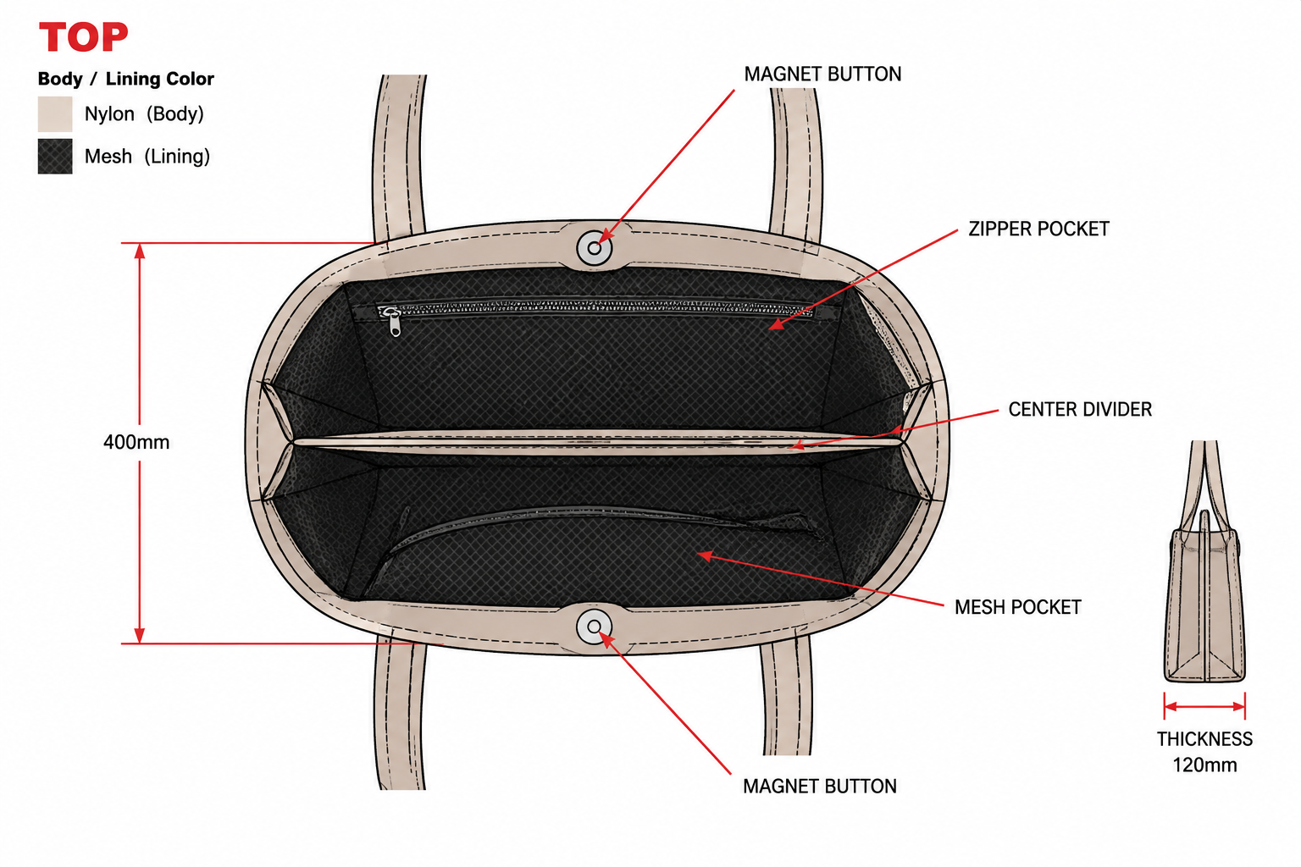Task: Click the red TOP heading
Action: [83, 36]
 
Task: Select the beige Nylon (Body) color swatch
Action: [55, 113]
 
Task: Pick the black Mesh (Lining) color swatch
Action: [55, 156]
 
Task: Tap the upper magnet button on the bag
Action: [594, 248]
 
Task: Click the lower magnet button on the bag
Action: [594, 627]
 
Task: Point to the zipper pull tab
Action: [395, 323]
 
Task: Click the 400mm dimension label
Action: [136, 443]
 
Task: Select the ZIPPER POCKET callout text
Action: [1038, 229]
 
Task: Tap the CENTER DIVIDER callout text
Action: [1080, 410]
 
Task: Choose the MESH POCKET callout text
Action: [1017, 607]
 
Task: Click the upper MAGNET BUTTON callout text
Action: [822, 75]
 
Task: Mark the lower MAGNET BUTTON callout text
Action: [820, 787]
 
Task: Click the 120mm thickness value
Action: [1204, 765]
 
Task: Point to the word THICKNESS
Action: [1204, 739]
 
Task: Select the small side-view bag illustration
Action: [1204, 561]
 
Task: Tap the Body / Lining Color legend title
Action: [126, 79]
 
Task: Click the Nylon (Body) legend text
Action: [144, 113]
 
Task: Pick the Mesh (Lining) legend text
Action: [147, 156]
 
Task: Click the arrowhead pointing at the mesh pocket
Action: [704, 555]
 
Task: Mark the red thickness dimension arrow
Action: [1204, 707]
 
